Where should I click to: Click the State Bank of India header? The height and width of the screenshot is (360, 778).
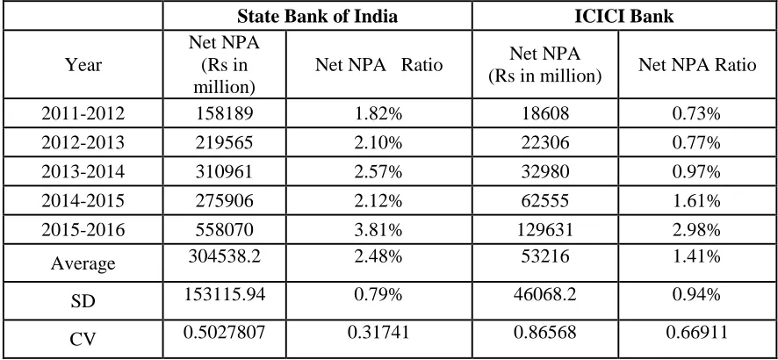click(317, 17)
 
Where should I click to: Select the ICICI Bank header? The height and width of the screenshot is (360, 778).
click(623, 17)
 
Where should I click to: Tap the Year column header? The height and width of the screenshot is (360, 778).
click(83, 65)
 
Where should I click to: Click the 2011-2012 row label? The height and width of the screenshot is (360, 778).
click(83, 114)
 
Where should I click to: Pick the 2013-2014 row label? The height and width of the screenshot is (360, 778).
click(83, 172)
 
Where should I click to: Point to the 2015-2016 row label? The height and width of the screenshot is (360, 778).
click(83, 230)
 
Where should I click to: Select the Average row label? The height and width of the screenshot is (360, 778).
click(83, 263)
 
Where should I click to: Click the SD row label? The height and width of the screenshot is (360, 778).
click(83, 301)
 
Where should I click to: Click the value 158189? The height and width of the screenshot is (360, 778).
click(224, 114)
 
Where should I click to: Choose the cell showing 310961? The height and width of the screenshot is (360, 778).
click(224, 172)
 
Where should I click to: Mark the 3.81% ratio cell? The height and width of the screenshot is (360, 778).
click(378, 230)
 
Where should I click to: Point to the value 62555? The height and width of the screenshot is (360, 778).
click(544, 201)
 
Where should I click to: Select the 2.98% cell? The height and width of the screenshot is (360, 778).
click(697, 230)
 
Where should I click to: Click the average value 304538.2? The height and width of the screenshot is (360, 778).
click(224, 256)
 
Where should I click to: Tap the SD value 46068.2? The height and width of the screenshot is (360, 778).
click(544, 294)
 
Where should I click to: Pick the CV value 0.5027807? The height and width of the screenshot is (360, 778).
click(224, 332)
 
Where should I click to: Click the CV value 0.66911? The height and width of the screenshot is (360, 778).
click(697, 332)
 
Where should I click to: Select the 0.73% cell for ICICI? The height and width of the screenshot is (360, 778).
click(697, 114)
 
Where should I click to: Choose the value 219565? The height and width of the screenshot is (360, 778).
click(224, 143)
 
